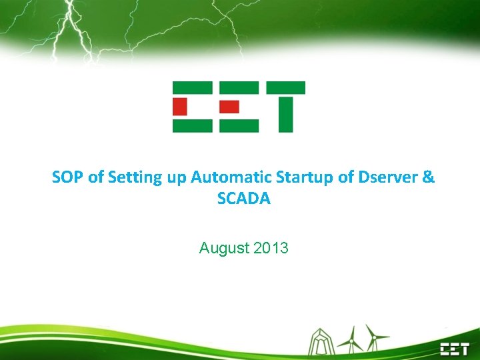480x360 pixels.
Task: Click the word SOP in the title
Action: (x=68, y=177)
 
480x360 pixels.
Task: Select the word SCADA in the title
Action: (x=244, y=199)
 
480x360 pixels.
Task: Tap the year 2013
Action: (x=271, y=249)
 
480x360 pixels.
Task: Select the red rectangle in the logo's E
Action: (x=229, y=106)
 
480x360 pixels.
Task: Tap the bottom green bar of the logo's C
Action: (x=192, y=125)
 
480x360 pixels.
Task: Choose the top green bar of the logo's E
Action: (x=239, y=87)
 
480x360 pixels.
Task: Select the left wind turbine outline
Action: (x=351, y=340)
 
